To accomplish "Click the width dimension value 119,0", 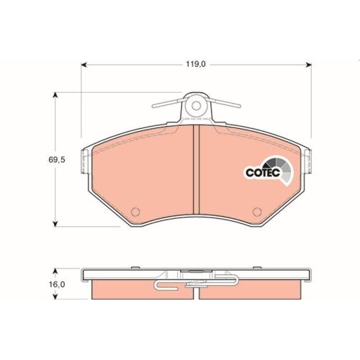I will coord(195,64).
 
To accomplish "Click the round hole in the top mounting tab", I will coord(195,105).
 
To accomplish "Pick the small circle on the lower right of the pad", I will coord(258,212).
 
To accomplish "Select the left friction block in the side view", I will coord(137,290).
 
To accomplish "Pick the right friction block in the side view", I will coord(252,290).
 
